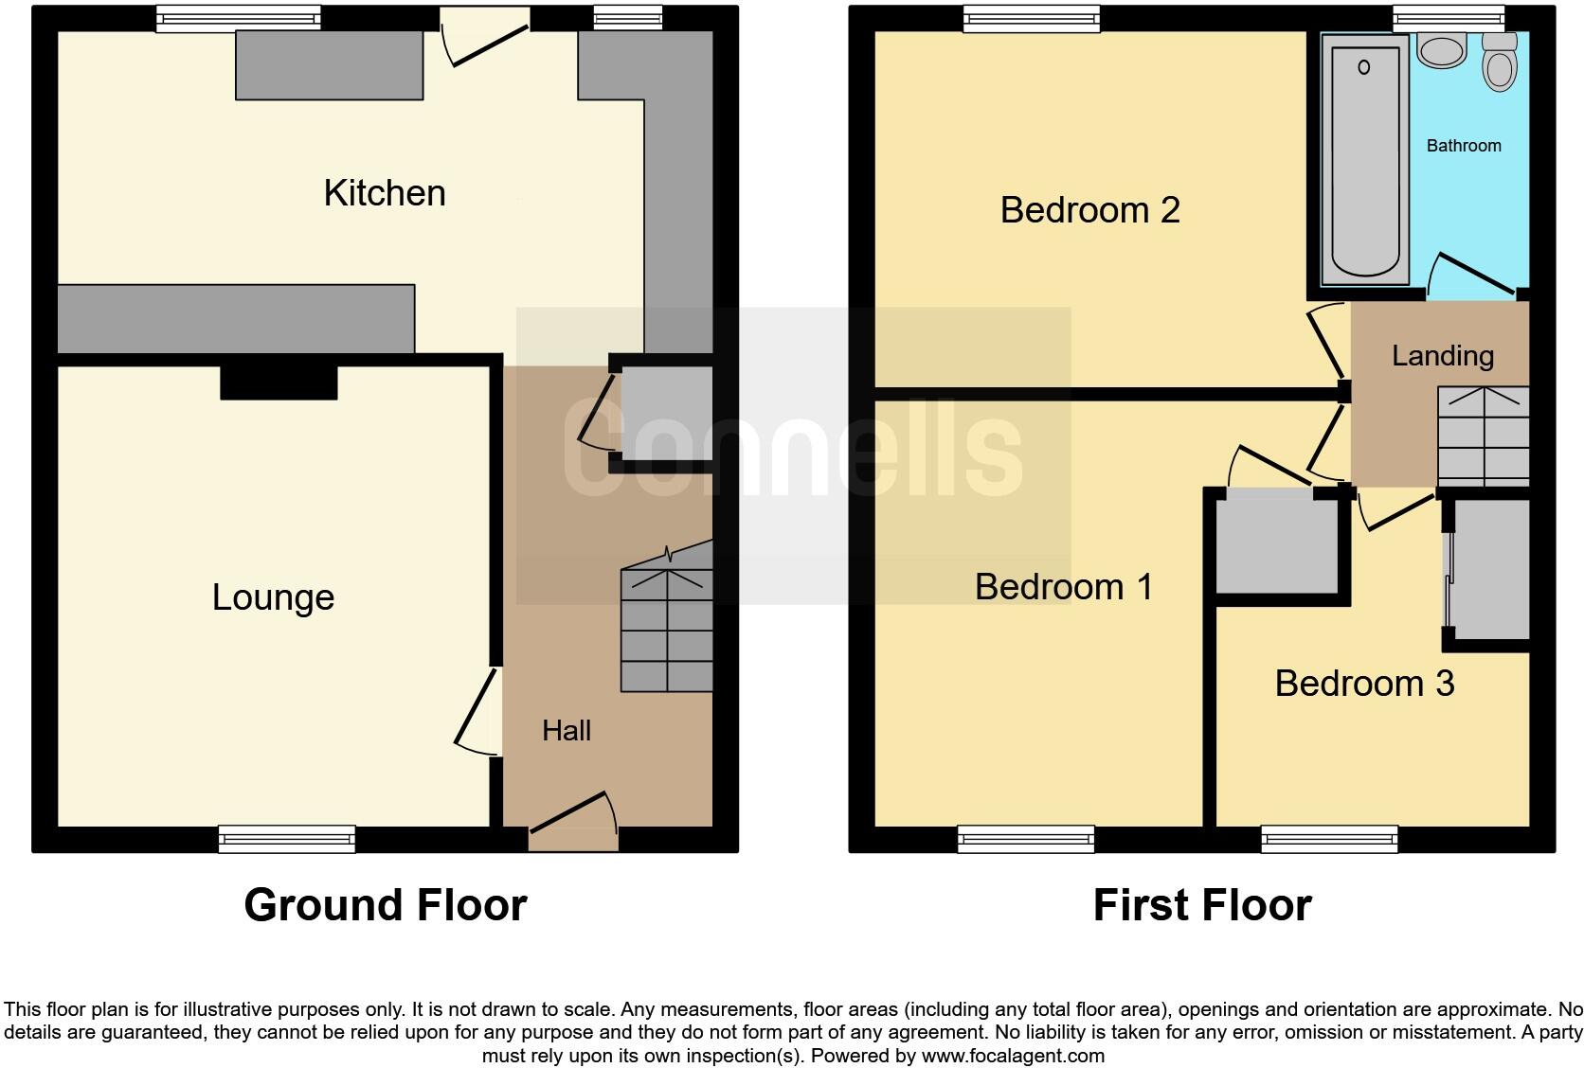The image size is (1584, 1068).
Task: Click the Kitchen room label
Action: coord(385,193)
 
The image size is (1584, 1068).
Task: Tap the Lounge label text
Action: coord(273,597)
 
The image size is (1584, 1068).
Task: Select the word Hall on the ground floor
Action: coord(567,730)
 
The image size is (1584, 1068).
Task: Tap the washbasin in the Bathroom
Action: coord(1442,50)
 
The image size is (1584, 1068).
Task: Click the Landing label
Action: coord(1442,356)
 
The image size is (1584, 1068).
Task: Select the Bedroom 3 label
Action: coord(1363,684)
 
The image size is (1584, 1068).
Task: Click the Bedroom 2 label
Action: coord(1089,210)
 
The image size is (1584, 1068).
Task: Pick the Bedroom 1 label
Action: coord(1063,587)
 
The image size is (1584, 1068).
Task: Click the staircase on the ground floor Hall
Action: coord(667,630)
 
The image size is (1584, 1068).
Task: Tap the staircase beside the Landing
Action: coord(1484,436)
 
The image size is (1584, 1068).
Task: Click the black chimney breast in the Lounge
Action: coord(279,382)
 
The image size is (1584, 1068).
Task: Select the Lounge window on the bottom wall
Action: coord(286,839)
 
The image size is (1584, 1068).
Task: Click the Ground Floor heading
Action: coord(385,905)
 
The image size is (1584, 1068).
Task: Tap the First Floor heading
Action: coord(1201,905)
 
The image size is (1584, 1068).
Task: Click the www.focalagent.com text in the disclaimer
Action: coord(1012,1055)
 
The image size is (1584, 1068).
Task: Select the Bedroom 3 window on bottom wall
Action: coord(1329,839)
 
